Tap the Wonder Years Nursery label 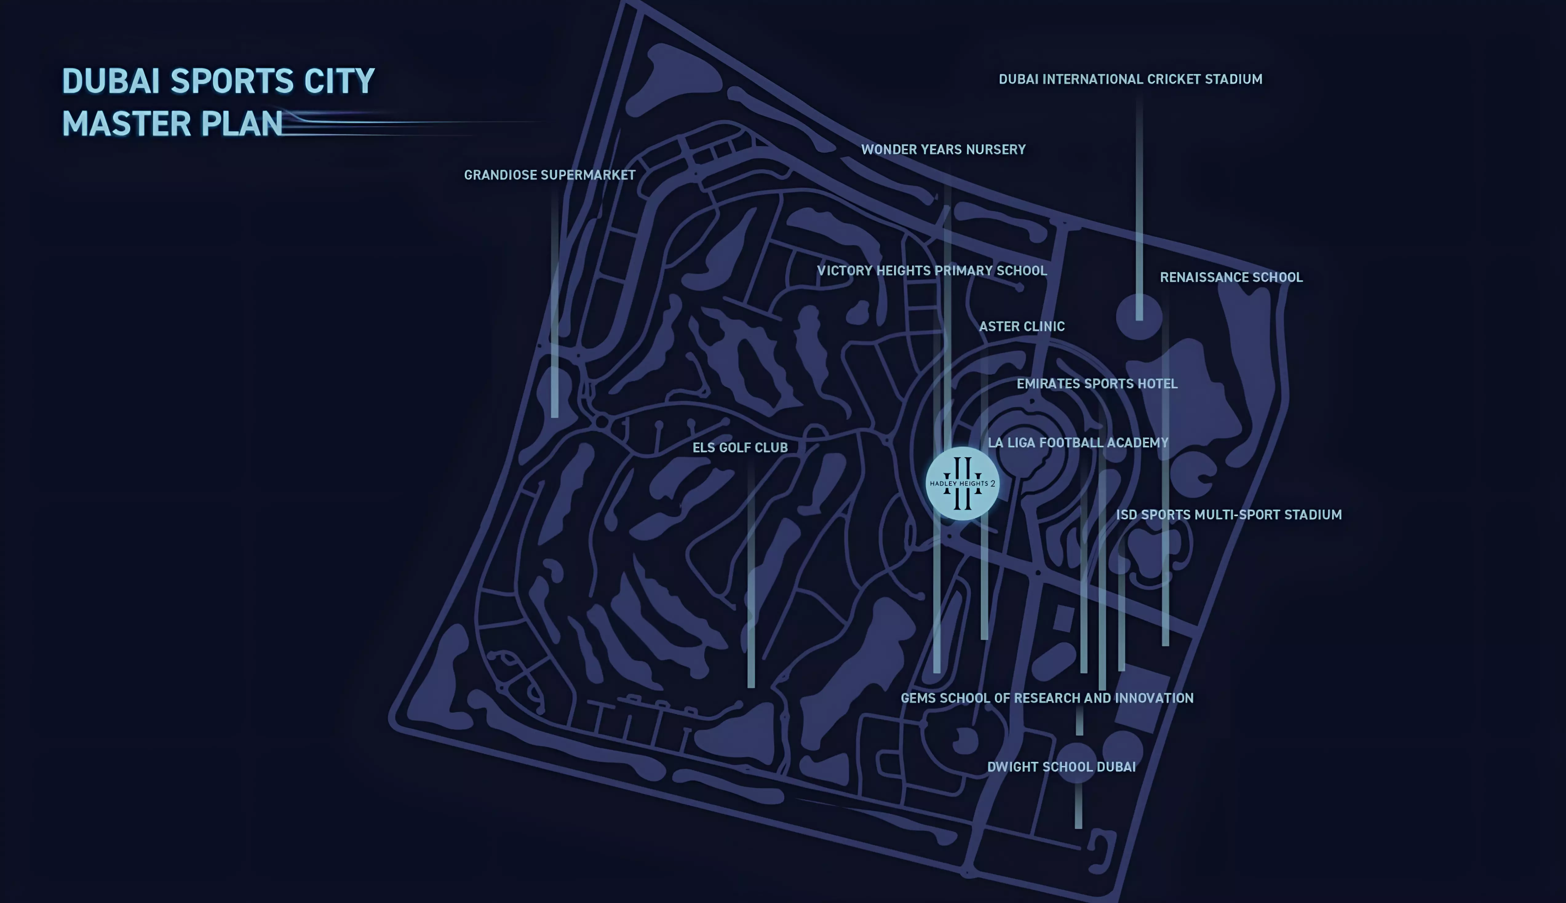coord(943,149)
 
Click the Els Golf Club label coord(740,448)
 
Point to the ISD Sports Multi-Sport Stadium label coord(1228,515)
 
